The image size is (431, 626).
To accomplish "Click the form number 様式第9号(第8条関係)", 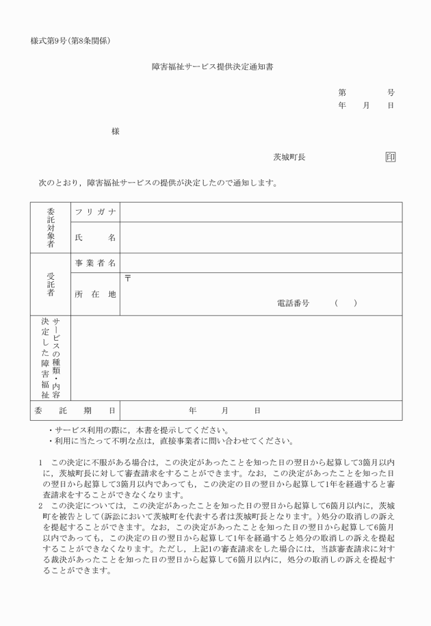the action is click(71, 41).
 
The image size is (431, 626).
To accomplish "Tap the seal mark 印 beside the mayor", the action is click(390, 157).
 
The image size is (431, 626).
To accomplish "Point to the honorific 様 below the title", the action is click(116, 131).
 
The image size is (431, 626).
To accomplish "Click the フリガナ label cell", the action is click(95, 212).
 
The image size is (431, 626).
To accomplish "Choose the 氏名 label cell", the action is click(95, 237).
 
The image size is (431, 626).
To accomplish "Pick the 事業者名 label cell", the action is click(95, 263).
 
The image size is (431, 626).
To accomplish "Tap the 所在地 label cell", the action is click(95, 294).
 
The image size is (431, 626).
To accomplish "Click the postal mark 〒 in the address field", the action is click(127, 278).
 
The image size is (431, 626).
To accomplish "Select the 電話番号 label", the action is click(293, 302).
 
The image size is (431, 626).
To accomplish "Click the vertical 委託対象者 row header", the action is click(51, 227).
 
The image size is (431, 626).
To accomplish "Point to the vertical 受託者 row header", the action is click(51, 284).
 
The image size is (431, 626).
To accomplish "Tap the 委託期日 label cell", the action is click(75, 410).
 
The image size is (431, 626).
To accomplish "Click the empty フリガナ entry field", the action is click(261, 212).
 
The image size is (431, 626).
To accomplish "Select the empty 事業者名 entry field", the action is click(261, 263).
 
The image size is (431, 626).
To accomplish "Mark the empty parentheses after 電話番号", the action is click(346, 302).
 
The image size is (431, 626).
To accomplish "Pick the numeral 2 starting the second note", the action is click(41, 506).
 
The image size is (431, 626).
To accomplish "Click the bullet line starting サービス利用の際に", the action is click(137, 430).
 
